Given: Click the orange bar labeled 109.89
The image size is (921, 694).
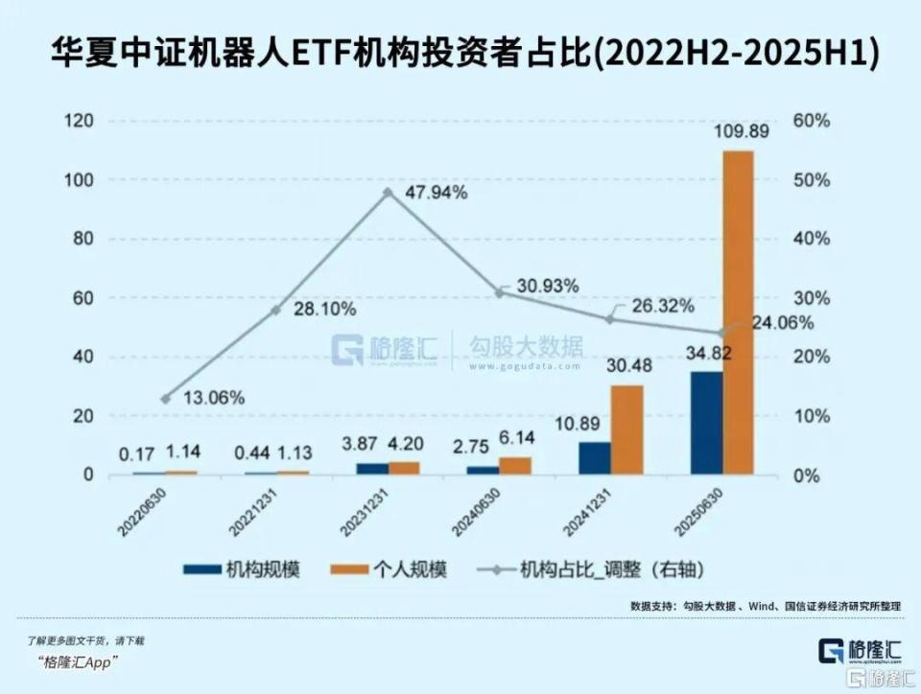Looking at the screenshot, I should (738, 312).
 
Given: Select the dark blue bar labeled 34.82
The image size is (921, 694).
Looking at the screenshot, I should (706, 423).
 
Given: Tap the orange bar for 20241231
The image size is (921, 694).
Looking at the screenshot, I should (626, 429).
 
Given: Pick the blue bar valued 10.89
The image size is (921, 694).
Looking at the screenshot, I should (595, 458).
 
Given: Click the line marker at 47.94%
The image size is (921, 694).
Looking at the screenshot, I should (388, 193).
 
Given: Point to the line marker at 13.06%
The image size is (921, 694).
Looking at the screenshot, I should (165, 399).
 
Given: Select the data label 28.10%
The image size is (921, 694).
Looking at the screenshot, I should (324, 309).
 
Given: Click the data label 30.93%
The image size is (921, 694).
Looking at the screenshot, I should (547, 286).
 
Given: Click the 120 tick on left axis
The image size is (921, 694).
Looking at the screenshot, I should (80, 122).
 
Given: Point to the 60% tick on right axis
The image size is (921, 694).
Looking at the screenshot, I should (812, 122).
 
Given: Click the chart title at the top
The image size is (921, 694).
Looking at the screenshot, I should (460, 52).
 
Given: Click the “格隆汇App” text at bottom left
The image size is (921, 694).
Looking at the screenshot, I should (77, 662).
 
